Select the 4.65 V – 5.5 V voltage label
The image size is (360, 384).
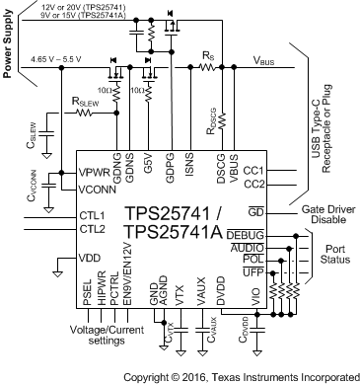tap(56, 60)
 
